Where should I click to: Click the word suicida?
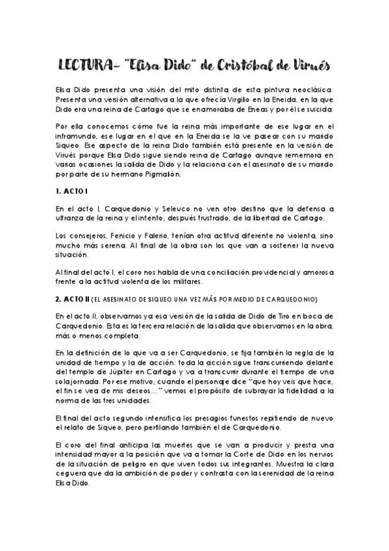318,111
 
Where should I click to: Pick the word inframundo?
77,136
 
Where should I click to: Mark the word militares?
186,281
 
